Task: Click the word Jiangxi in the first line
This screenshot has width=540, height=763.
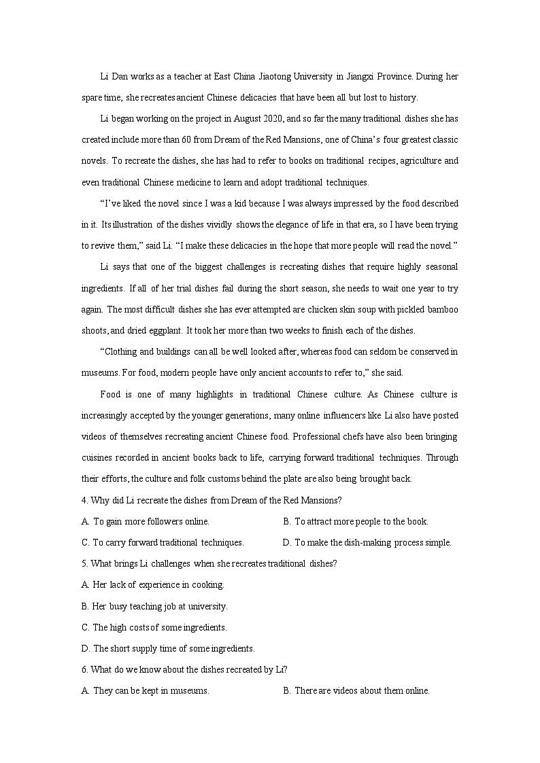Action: point(369,76)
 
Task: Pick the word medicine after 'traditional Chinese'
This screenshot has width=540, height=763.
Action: point(206,182)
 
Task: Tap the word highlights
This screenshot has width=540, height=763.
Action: point(215,395)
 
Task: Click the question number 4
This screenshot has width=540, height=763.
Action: point(84,501)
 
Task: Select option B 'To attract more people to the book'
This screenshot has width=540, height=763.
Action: point(360,522)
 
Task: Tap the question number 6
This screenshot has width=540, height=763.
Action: point(84,670)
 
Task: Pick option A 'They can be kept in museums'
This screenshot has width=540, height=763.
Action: point(150,691)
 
